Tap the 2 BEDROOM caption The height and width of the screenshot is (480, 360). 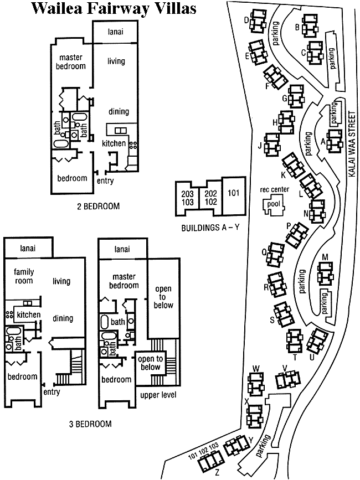(99, 207)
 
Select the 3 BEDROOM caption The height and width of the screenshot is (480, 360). (90, 424)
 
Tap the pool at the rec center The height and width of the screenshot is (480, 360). (273, 204)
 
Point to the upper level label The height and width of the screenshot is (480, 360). (158, 395)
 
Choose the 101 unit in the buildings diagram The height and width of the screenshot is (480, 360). (233, 194)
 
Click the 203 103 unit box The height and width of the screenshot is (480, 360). (188, 198)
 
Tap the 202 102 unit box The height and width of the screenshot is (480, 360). (210, 198)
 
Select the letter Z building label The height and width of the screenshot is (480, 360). (217, 473)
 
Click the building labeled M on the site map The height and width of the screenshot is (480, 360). (325, 271)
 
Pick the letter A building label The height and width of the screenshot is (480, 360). (323, 141)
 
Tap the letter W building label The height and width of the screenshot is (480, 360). (256, 368)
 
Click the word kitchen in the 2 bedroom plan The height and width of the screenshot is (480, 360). (114, 143)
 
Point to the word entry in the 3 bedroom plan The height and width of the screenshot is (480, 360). (52, 392)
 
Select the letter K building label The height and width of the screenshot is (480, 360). (282, 176)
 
